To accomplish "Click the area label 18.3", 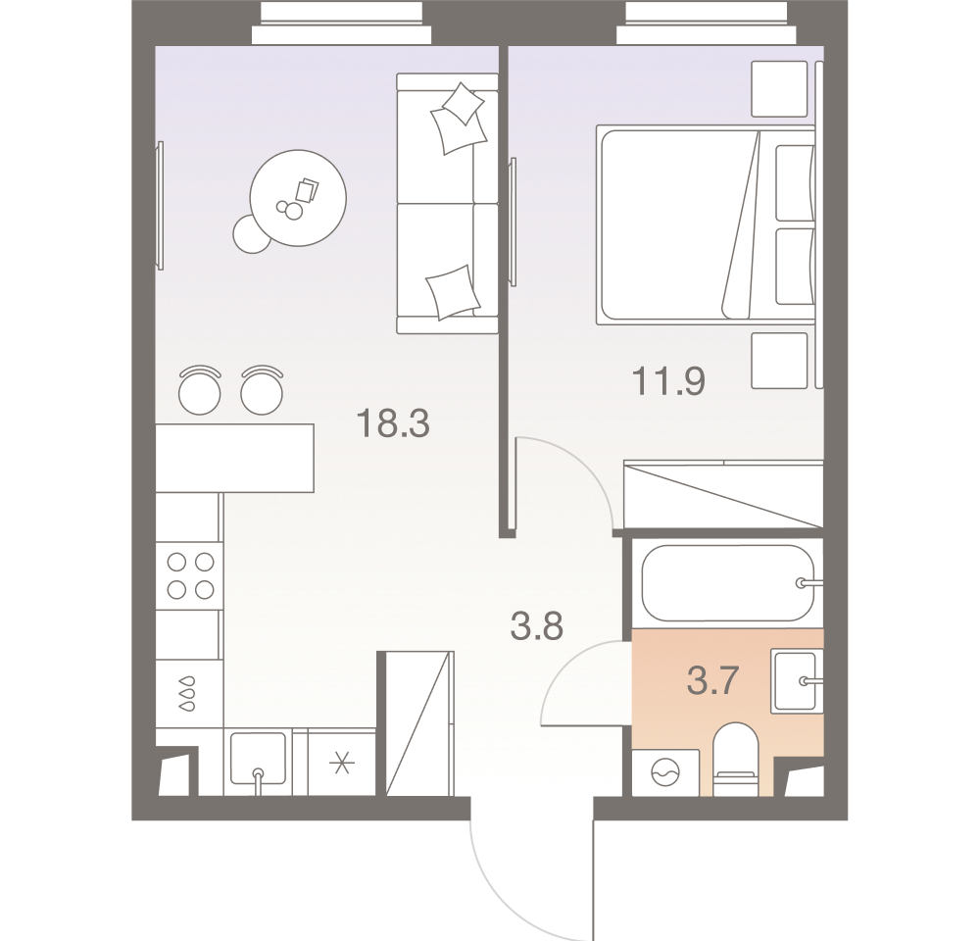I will [393, 424].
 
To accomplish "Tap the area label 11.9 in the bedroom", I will [669, 380].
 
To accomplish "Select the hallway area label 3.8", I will [537, 625].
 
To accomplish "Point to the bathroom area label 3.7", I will [711, 678].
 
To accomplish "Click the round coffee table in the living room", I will [299, 197].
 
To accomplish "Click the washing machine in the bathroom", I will [665, 774].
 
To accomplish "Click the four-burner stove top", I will [190, 575].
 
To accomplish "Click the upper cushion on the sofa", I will [458, 116].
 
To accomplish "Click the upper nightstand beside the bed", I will [780, 88].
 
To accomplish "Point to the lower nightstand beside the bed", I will [780, 360].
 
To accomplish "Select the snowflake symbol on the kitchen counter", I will [342, 763].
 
